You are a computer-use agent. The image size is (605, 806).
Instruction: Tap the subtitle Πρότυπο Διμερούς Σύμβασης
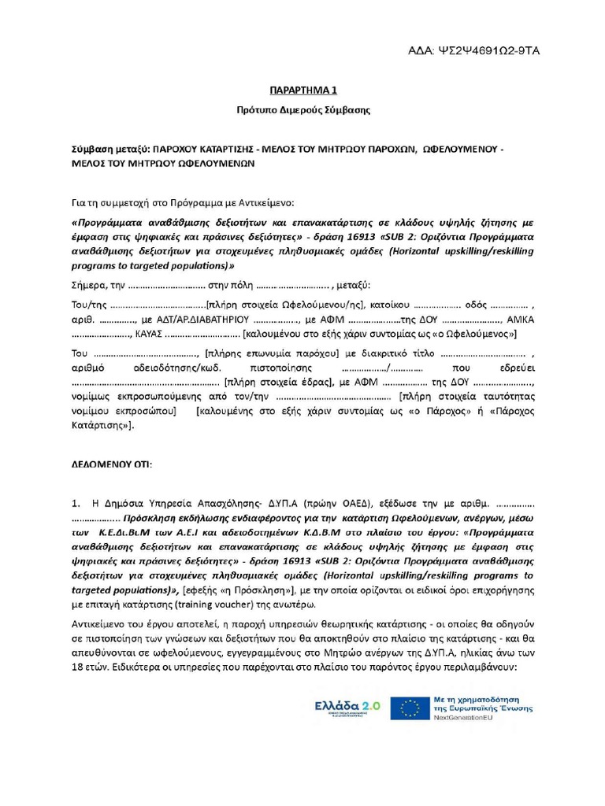[303, 109]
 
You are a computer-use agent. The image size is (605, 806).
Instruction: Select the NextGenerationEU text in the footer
[471, 718]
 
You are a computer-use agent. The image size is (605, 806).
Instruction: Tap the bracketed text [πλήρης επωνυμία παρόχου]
[272, 353]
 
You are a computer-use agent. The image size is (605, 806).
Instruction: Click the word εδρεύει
[517, 368]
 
